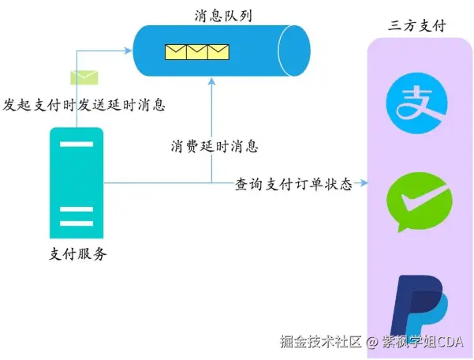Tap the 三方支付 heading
pyautogui.click(x=417, y=26)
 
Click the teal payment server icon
pyautogui.click(x=76, y=182)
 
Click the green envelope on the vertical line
pyautogui.click(x=83, y=77)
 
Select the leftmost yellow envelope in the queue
pyautogui.click(x=176, y=53)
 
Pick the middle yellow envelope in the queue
pyautogui.click(x=196, y=53)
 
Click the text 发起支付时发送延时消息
pyautogui.click(x=84, y=103)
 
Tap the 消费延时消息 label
pyautogui.click(x=215, y=146)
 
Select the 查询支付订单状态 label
pyautogui.click(x=293, y=184)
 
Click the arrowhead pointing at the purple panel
pyautogui.click(x=363, y=183)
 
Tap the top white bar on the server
pyautogui.click(x=76, y=144)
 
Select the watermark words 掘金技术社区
pyautogui.click(x=321, y=342)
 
